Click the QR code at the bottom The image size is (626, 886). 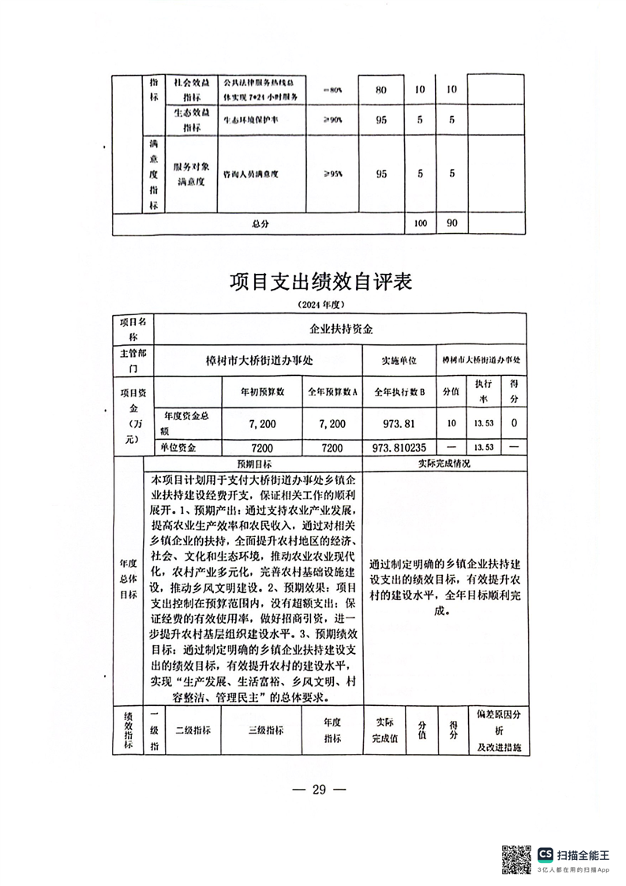click(518, 858)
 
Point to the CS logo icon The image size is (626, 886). click(545, 854)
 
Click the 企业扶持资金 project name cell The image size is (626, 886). click(340, 328)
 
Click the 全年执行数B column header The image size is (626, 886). click(399, 391)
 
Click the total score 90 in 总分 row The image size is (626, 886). click(452, 223)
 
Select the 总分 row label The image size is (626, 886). click(261, 224)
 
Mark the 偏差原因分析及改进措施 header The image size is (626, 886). click(495, 730)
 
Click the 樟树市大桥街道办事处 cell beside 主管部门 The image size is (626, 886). click(259, 360)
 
